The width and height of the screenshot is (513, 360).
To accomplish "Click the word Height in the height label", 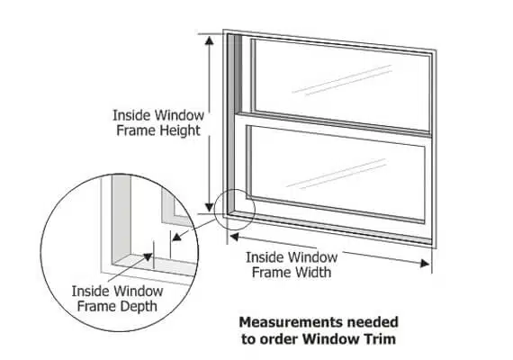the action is (x=180, y=130).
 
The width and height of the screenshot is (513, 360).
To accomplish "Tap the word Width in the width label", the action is (x=311, y=273).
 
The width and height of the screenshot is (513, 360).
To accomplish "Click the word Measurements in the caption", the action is (x=291, y=322).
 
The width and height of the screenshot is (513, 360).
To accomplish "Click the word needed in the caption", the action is (x=373, y=322).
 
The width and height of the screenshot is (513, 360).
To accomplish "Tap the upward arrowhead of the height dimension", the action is (x=210, y=40).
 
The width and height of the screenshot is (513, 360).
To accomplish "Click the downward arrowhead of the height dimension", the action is (x=210, y=207).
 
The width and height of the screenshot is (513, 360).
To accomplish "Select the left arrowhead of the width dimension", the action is (x=234, y=237).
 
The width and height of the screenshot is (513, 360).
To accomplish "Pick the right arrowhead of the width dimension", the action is (x=425, y=264).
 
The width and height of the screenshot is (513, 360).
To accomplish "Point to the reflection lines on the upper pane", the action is (x=342, y=80).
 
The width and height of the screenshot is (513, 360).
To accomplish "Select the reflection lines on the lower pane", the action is (x=336, y=174).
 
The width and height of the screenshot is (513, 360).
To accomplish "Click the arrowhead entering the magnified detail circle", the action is (x=177, y=237).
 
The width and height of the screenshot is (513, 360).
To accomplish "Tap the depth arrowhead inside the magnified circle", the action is (x=148, y=257).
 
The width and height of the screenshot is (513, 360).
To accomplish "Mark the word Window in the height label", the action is (x=180, y=115).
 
